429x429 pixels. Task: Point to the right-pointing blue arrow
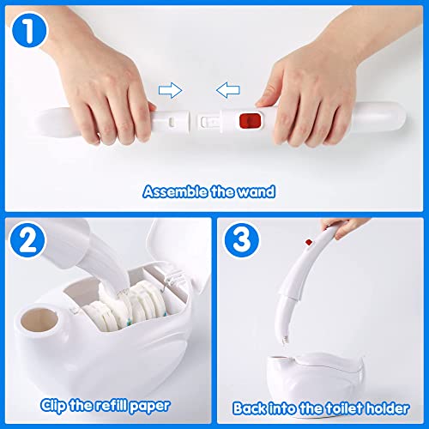point(174,88)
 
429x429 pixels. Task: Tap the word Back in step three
point(253,408)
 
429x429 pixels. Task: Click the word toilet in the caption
point(347,408)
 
